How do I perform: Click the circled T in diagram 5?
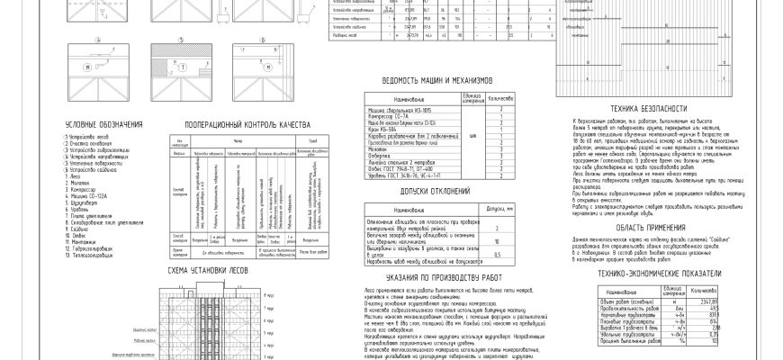click(x=184, y=67)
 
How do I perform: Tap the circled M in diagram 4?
click(x=87, y=67)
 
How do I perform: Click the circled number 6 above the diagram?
click(x=263, y=39)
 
